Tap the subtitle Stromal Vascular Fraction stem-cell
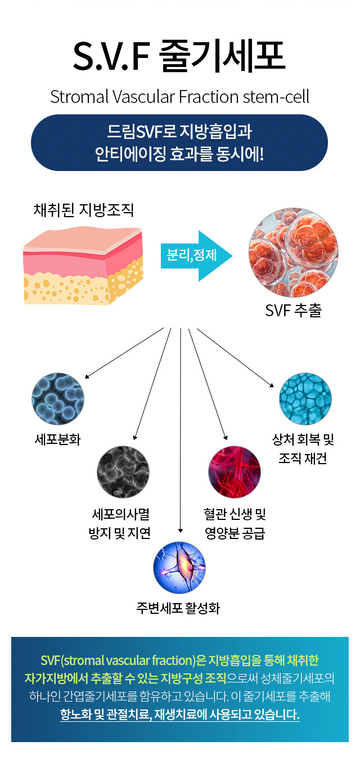tap(179, 96)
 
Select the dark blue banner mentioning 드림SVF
tap(179, 142)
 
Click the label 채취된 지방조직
tap(84, 211)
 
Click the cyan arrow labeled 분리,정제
tap(196, 255)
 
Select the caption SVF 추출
tap(293, 311)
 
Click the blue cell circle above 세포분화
tap(58, 398)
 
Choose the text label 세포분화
tap(58, 439)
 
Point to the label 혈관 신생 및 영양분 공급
tap(235, 523)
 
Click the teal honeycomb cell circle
tap(305, 398)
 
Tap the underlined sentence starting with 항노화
tap(179, 715)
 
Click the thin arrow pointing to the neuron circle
tap(180, 428)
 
